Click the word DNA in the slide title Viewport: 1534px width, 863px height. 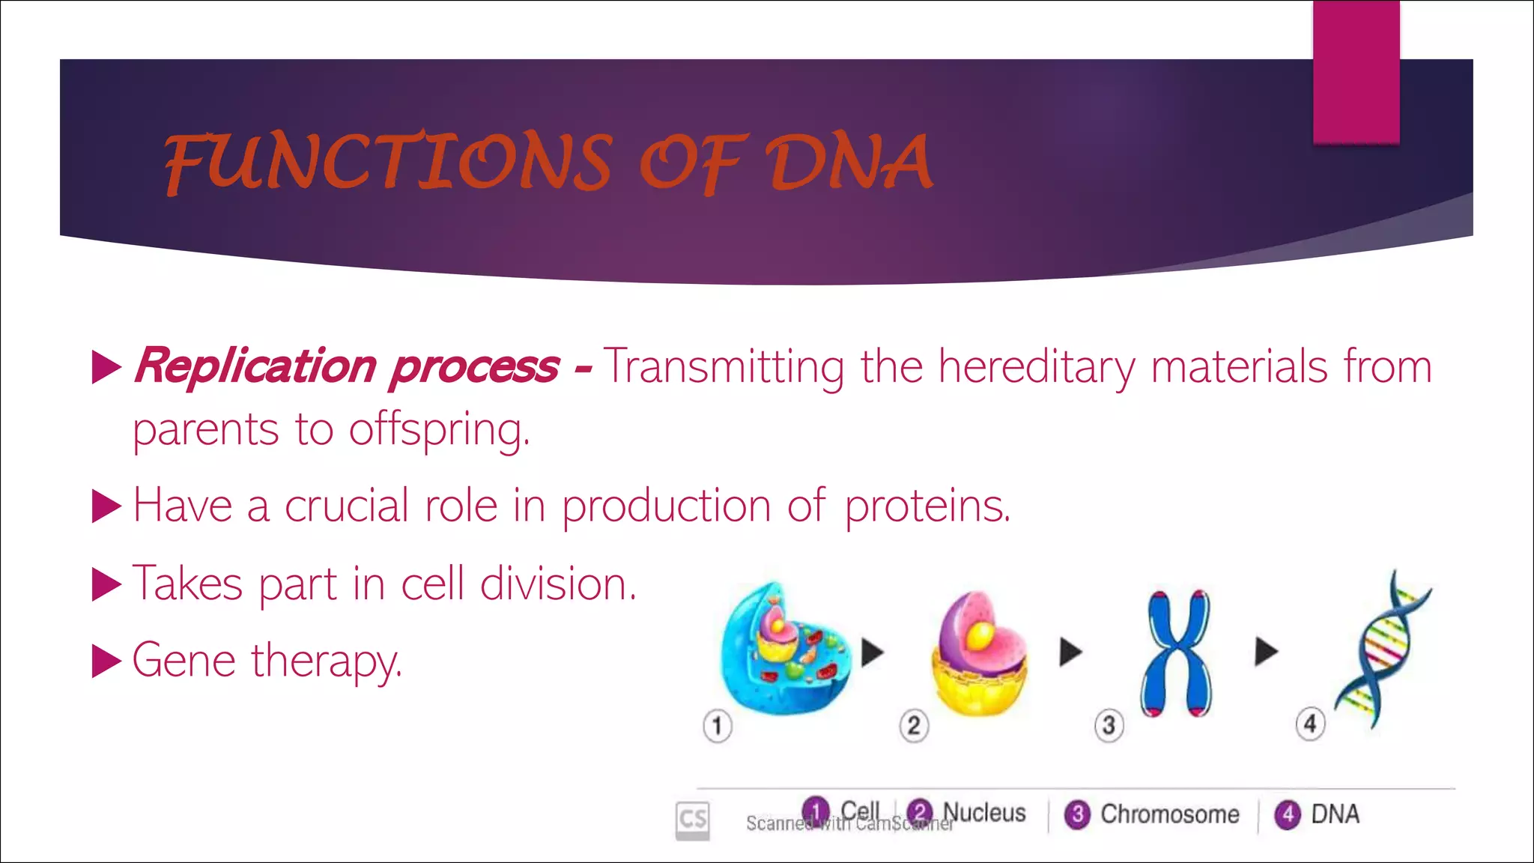848,163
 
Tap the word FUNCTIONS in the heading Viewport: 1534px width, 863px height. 388,163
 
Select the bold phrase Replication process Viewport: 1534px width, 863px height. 346,367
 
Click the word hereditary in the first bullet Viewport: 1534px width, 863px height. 1037,367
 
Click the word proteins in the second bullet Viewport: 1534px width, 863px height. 927,506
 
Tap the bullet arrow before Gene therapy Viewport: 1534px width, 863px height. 106,662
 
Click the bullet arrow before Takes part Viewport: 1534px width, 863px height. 106,584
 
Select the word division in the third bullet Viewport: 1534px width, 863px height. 557,584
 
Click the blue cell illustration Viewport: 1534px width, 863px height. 783,649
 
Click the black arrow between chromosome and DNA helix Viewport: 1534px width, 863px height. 1266,650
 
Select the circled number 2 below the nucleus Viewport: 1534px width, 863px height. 914,725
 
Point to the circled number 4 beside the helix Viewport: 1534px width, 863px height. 1310,724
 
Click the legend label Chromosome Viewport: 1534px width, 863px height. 1169,814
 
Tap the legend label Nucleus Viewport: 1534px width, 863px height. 984,813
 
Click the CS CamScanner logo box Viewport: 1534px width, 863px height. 692,820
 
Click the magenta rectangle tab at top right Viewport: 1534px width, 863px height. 1356,72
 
